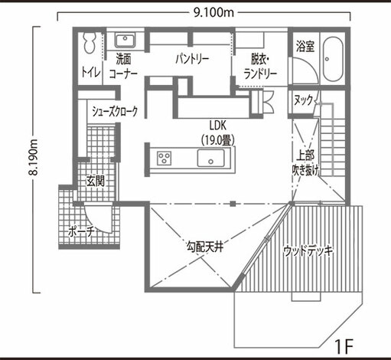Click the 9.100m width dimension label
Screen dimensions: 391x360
click(x=213, y=12)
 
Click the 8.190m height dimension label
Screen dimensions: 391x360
click(x=34, y=158)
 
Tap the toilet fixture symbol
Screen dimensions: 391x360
click(x=90, y=43)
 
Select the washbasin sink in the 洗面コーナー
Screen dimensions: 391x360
click(x=125, y=41)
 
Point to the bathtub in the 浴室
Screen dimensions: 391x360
click(x=333, y=59)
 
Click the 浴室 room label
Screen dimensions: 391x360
click(x=305, y=46)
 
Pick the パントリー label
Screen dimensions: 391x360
click(x=192, y=59)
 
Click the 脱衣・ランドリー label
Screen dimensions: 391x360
click(x=260, y=67)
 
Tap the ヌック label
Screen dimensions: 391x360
click(x=304, y=100)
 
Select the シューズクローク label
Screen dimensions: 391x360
click(x=115, y=111)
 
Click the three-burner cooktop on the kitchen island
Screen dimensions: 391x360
click(x=164, y=159)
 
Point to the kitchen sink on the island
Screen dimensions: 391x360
click(x=210, y=158)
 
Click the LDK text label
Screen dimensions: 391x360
click(x=217, y=126)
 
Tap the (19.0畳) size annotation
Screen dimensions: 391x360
click(x=217, y=140)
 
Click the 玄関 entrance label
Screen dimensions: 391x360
click(x=95, y=181)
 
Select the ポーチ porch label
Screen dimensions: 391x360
click(x=81, y=232)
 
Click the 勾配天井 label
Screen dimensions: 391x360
click(x=205, y=247)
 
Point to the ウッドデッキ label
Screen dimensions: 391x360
click(x=308, y=251)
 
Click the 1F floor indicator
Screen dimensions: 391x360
click(x=344, y=346)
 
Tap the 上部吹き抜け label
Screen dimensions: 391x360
click(x=305, y=162)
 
